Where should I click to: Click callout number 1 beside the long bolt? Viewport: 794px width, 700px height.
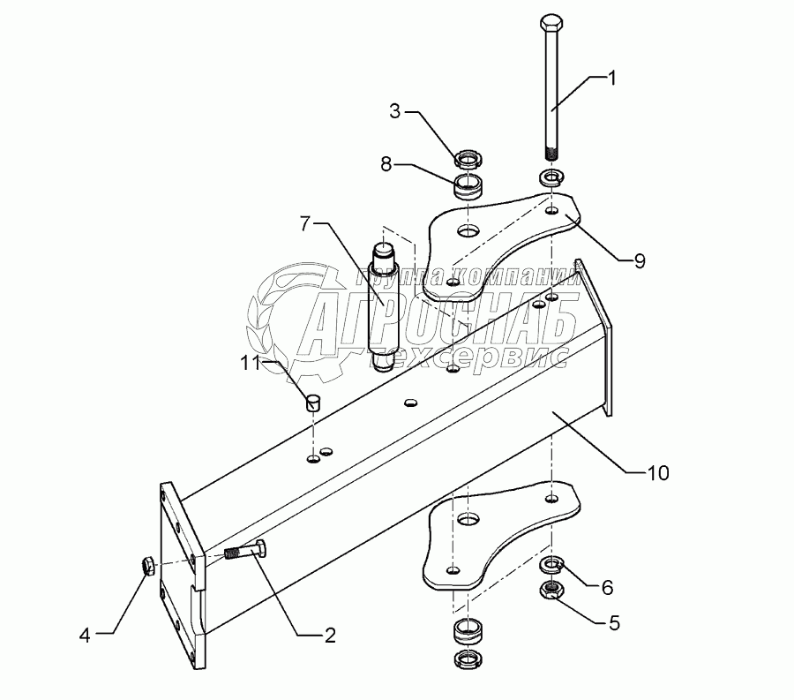point(611,79)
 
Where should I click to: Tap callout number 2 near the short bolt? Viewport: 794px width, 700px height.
point(330,636)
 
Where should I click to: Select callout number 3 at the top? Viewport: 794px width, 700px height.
point(395,111)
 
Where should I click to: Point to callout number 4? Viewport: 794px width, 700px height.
point(85,636)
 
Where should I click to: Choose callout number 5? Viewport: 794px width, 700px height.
point(614,623)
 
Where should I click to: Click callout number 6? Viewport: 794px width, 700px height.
point(608,588)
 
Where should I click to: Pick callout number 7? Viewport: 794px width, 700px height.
point(304,223)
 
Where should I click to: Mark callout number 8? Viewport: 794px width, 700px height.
point(386,164)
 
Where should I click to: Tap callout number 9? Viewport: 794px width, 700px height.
point(640,261)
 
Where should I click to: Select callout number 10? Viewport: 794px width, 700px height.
point(658,473)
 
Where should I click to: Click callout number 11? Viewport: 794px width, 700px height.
point(251,363)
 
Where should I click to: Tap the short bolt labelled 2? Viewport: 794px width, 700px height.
point(245,550)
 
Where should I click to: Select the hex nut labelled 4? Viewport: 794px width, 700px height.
point(147,565)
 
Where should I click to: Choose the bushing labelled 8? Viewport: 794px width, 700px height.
point(468,186)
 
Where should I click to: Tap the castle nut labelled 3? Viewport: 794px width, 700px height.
point(468,159)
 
